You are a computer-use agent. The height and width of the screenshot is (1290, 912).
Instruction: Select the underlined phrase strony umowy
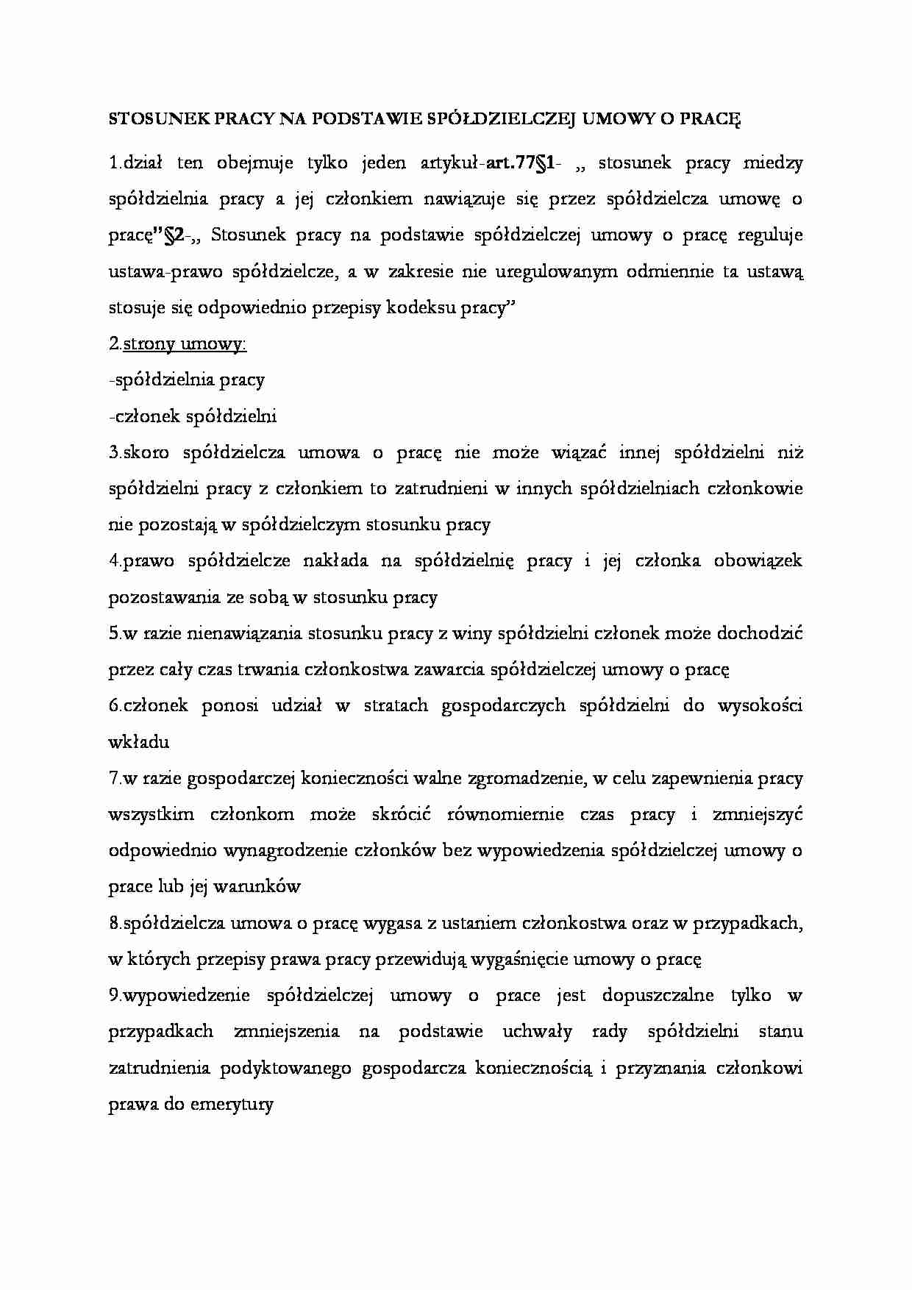coord(185,343)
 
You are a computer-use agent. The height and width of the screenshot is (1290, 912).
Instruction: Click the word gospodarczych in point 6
coord(503,705)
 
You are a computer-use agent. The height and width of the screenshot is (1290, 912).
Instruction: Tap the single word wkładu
coord(138,741)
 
